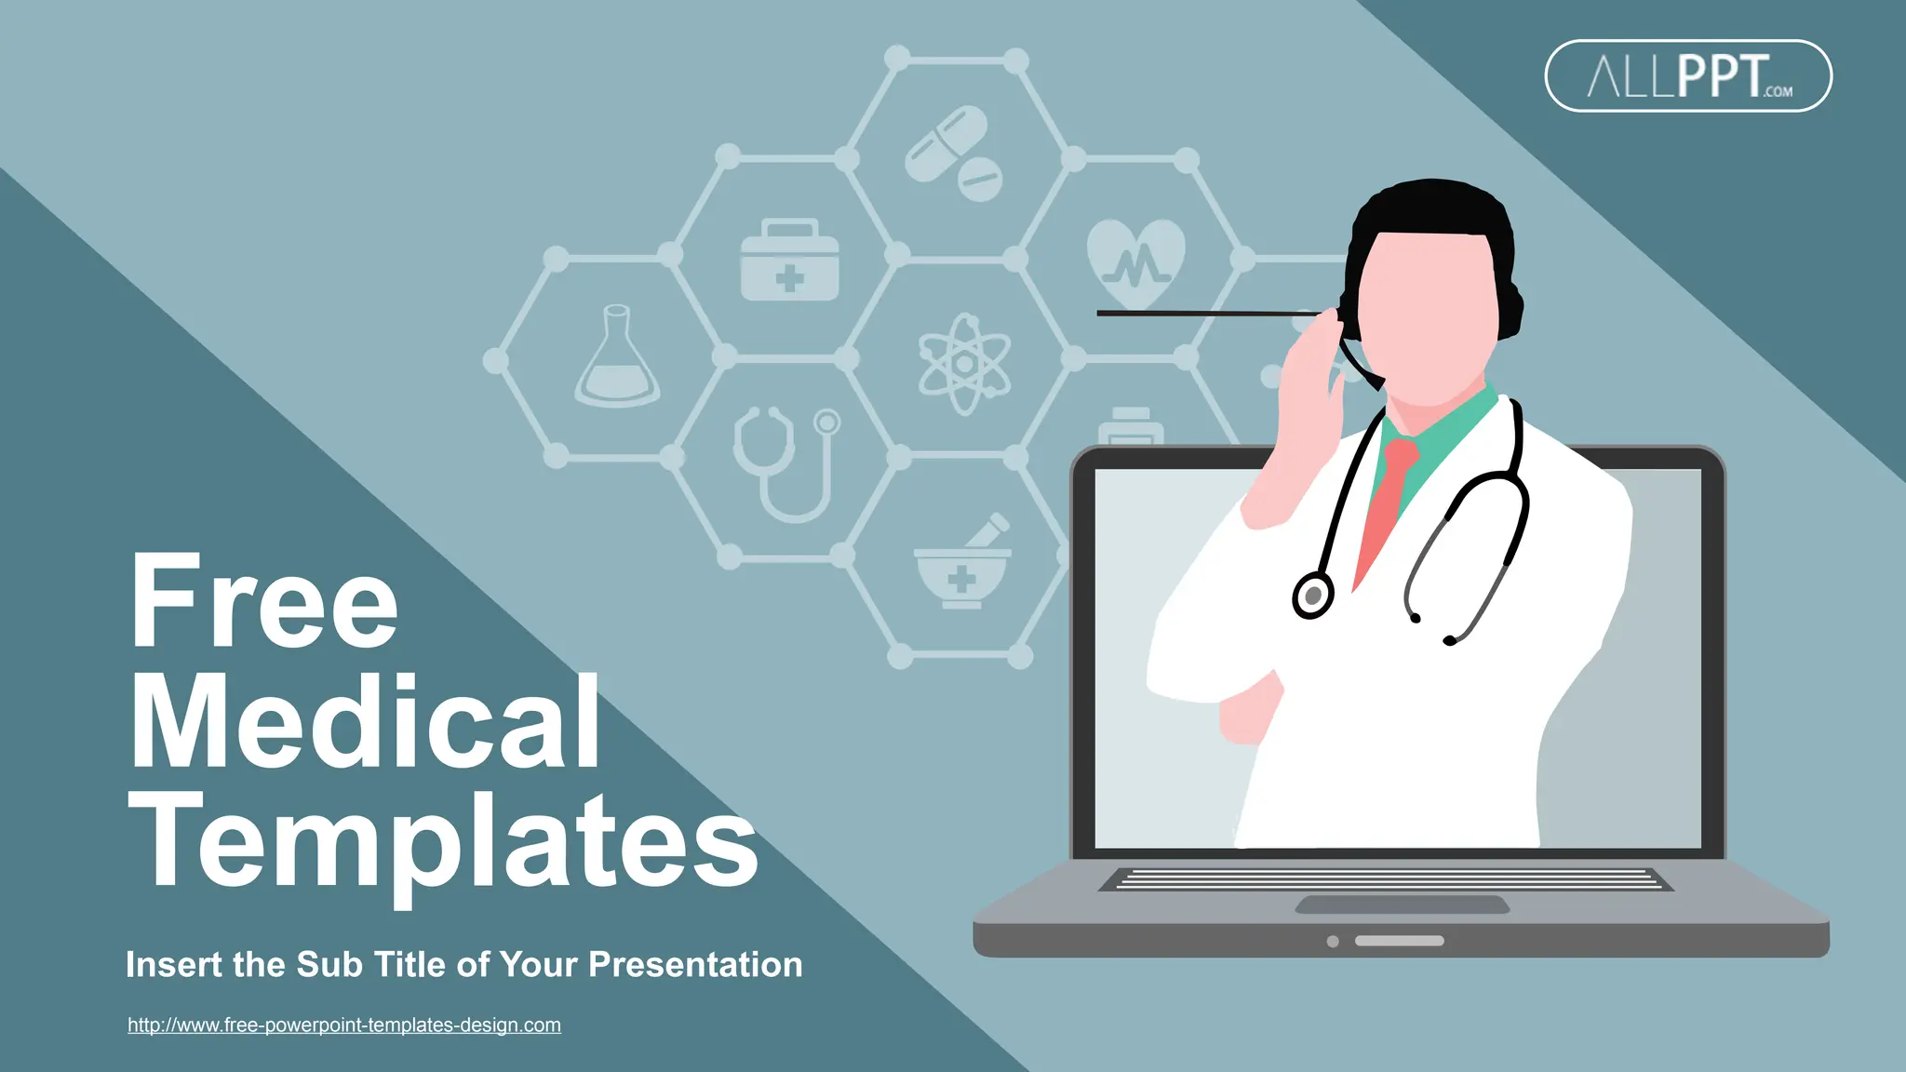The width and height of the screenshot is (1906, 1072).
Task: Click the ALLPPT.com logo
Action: point(1688,76)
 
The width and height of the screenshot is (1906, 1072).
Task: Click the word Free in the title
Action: point(264,601)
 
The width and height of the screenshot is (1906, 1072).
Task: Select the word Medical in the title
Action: point(365,722)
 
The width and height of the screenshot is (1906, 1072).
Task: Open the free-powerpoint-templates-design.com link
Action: point(344,1025)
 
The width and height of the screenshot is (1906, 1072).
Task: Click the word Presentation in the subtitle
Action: point(695,965)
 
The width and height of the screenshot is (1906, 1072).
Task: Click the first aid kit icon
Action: point(789,261)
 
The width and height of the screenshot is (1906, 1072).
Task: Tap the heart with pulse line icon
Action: point(1135,261)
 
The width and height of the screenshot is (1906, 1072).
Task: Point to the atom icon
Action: point(964,364)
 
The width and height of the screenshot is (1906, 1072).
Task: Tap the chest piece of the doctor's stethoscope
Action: point(1313,596)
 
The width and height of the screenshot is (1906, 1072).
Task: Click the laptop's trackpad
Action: point(1402,904)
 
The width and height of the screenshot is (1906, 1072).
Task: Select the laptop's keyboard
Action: point(1387,879)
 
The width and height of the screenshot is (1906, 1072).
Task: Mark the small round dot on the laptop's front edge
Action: point(1333,942)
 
